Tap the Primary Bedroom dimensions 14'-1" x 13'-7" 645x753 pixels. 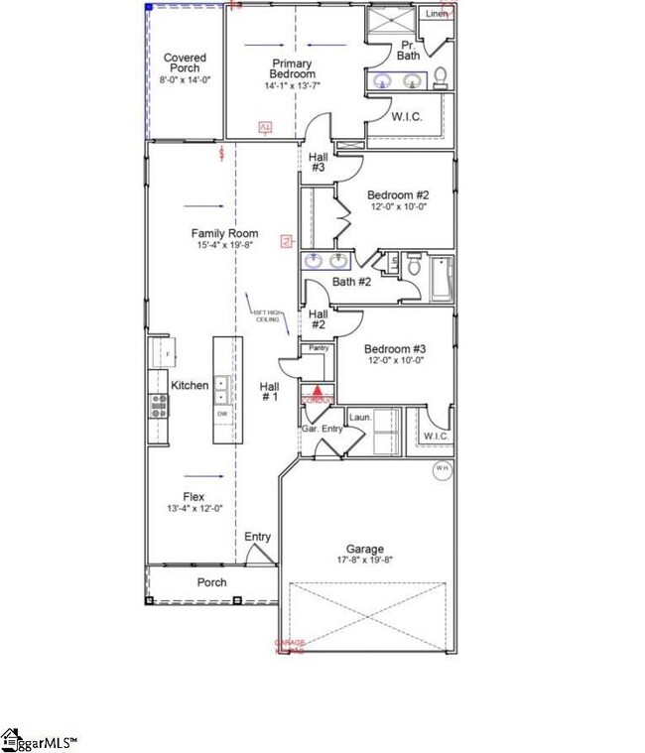click(293, 86)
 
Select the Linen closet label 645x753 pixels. click(436, 14)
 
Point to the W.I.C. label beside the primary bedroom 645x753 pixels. click(407, 117)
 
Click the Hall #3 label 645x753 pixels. click(318, 163)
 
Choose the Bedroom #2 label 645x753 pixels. click(397, 195)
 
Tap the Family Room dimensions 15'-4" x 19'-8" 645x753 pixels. click(224, 245)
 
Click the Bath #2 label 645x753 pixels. click(351, 283)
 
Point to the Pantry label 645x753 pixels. click(319, 349)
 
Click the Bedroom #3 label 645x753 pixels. click(394, 349)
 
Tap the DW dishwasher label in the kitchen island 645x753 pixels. click(223, 414)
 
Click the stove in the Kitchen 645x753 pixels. click(158, 404)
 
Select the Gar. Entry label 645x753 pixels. click(322, 429)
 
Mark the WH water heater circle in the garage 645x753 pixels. click(442, 469)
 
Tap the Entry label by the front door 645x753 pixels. click(258, 537)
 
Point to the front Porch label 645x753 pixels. click(211, 582)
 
